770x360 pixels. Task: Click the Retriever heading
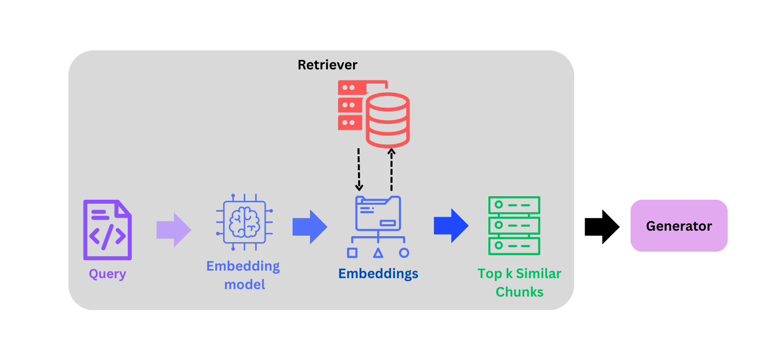328,65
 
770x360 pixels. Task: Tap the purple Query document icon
107,230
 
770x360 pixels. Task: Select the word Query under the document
107,274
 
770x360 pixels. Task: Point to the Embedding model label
243,275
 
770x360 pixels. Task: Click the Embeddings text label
378,274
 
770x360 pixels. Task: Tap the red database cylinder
387,119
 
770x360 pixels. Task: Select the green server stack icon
514,226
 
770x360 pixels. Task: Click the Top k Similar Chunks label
519,283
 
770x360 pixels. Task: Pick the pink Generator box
679,226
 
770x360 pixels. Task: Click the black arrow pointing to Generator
602,227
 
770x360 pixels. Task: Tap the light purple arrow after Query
174,230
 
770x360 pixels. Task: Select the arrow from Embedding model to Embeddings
310,227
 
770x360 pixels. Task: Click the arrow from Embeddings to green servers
451,226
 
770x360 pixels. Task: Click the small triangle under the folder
378,253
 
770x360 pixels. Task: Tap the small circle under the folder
404,253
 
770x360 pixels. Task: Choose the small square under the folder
352,253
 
